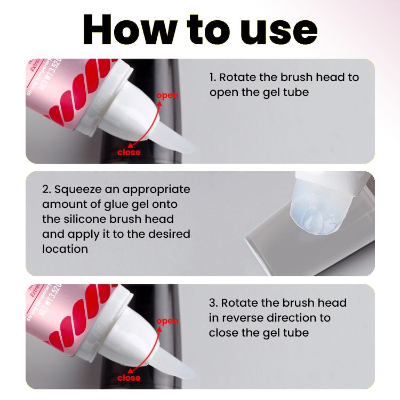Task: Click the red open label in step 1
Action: click(167, 95)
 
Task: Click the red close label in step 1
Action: click(129, 153)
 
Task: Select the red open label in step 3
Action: click(167, 321)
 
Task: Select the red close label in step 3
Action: click(129, 378)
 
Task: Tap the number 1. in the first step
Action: click(213, 77)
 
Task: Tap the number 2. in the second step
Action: click(46, 189)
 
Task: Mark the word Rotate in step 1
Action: click(238, 77)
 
